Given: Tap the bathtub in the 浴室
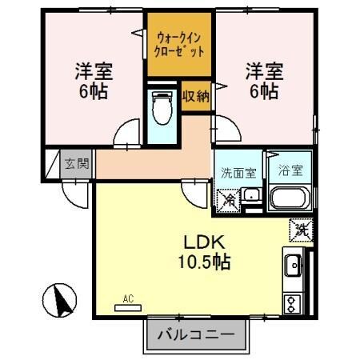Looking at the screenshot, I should [x=289, y=198].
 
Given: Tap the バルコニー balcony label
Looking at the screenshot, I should [x=196, y=334].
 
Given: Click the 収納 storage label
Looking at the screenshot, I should [x=194, y=97].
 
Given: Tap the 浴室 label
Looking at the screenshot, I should [x=289, y=170].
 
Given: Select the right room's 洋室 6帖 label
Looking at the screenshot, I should [x=262, y=79].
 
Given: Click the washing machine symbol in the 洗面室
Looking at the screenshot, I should [x=227, y=199].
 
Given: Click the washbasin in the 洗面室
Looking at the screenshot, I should [x=251, y=195].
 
